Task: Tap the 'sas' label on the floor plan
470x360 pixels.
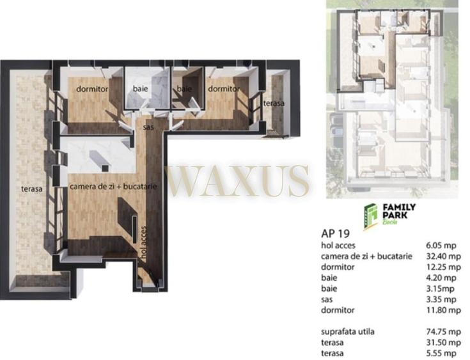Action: pos(148,127)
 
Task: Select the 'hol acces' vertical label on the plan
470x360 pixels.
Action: pos(145,244)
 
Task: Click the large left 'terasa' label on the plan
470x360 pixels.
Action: pos(31,189)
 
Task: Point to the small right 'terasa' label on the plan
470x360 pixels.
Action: pos(274,103)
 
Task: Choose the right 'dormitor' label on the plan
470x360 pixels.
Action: pos(224,89)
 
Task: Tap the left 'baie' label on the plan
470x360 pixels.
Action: pos(140,89)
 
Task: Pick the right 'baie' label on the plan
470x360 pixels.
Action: pos(184,89)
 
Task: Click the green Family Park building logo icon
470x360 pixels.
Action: pos(370,214)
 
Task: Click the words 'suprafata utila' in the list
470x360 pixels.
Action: pos(347,331)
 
